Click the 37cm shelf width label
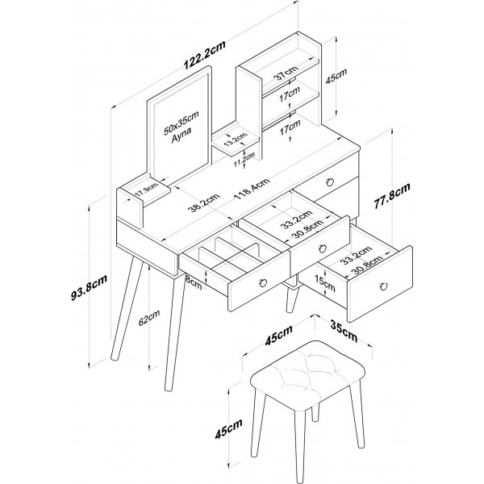283,75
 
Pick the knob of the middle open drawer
321,247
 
